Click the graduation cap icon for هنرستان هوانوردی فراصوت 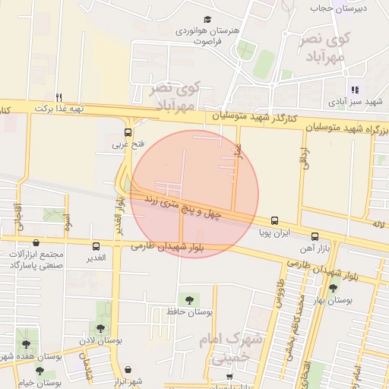pyautogui.click(x=207, y=20)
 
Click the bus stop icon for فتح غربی pyautogui.click(x=128, y=131)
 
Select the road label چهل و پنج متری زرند pyautogui.click(x=185, y=205)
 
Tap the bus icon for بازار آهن pyautogui.click(x=314, y=236)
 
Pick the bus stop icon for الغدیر pyautogui.click(x=96, y=246)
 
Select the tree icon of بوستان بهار pyautogui.click(x=333, y=288)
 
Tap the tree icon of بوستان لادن pyautogui.click(x=101, y=329)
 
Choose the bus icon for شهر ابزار pyautogui.click(x=128, y=370)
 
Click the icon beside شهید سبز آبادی pyautogui.click(x=355, y=90)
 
